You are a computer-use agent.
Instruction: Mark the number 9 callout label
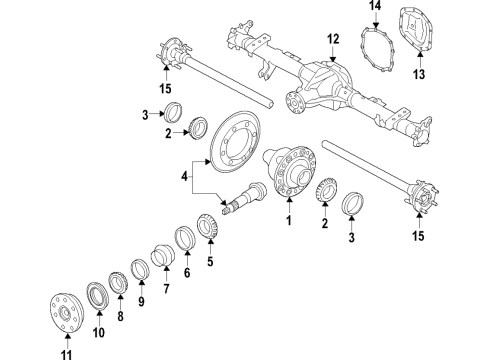[x=141, y=302]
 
